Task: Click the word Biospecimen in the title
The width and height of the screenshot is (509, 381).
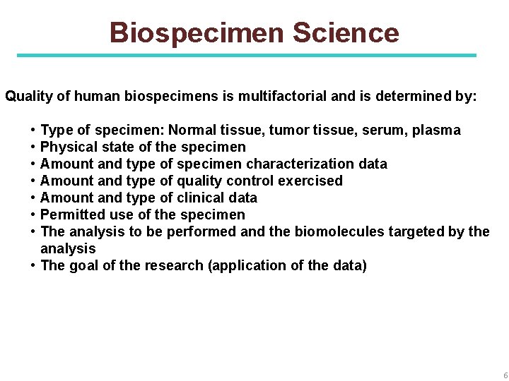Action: coord(197,32)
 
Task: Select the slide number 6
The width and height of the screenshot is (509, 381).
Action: coord(503,374)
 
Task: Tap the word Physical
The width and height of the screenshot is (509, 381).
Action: coord(69,147)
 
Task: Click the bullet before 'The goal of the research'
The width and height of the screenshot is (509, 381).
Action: coord(33,265)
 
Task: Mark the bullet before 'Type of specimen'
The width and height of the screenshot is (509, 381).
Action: coord(33,130)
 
